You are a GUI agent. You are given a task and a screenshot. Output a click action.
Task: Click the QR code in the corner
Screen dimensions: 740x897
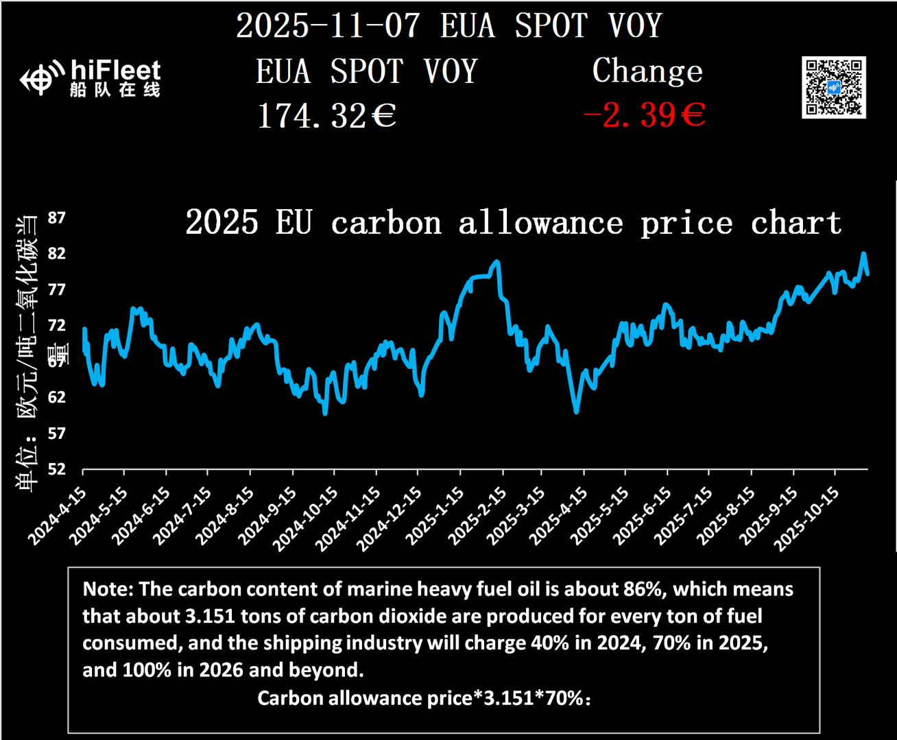pyautogui.click(x=833, y=88)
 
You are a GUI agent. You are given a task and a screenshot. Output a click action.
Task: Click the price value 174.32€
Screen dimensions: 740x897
pyautogui.click(x=326, y=115)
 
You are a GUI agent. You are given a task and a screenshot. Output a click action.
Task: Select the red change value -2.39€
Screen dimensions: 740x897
pyautogui.click(x=644, y=115)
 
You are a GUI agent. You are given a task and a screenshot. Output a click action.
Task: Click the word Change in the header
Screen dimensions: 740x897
pyautogui.click(x=647, y=71)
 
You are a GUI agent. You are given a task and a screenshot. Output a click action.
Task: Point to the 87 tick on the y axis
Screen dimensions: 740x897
pyautogui.click(x=57, y=218)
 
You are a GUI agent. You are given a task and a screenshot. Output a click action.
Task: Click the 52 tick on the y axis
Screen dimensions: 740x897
pyautogui.click(x=57, y=469)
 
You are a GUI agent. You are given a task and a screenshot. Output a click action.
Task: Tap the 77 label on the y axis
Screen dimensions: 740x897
pyautogui.click(x=57, y=289)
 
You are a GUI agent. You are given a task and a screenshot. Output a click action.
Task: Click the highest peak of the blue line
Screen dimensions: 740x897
pyautogui.click(x=863, y=254)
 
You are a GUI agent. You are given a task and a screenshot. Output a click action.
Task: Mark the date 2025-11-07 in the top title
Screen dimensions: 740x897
pyautogui.click(x=328, y=26)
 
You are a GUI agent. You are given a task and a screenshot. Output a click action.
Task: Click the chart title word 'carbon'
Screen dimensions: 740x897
pyautogui.click(x=386, y=224)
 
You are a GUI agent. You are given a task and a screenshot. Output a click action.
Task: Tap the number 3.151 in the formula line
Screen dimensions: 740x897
pyautogui.click(x=508, y=698)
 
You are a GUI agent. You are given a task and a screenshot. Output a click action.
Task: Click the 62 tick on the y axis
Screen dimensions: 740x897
pyautogui.click(x=57, y=397)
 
